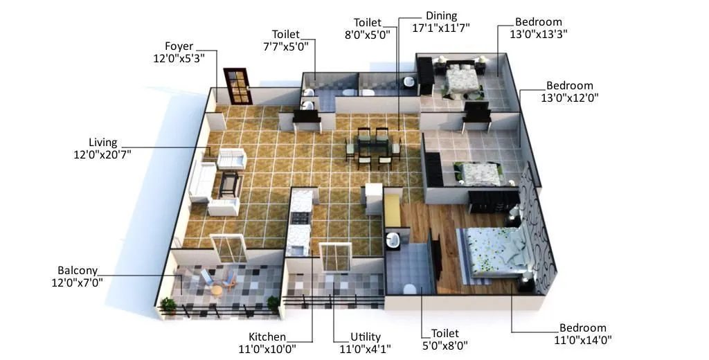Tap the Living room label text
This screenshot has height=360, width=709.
(x=102, y=143)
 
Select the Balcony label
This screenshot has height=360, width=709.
(x=78, y=271)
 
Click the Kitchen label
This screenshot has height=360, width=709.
(x=267, y=337)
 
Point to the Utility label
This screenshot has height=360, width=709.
(x=365, y=337)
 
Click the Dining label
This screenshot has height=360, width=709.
(x=441, y=16)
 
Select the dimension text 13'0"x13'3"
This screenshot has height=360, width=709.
(x=538, y=33)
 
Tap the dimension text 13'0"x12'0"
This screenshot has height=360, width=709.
(x=569, y=98)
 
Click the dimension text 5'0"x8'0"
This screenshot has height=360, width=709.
(x=445, y=345)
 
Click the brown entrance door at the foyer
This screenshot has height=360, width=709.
(x=235, y=87)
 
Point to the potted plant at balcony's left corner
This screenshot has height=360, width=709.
(x=168, y=305)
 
